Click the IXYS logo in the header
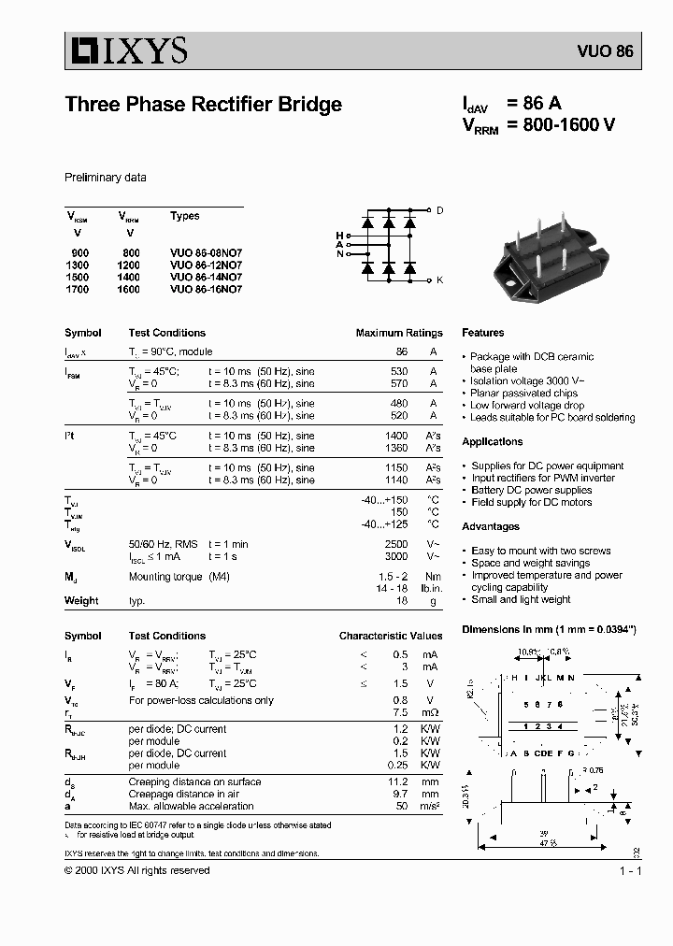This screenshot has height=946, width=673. [126, 50]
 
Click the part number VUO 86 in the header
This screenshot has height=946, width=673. [610, 52]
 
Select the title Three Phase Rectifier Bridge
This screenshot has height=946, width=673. [203, 105]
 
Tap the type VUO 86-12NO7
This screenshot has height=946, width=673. [206, 265]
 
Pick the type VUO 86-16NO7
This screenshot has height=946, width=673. [206, 289]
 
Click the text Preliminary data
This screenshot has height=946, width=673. [105, 178]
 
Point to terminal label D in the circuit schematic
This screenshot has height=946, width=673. [440, 210]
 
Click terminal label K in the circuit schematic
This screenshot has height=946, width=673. [440, 279]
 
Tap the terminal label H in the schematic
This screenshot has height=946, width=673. [339, 235]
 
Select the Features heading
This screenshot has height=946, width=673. [482, 333]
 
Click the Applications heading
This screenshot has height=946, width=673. [492, 441]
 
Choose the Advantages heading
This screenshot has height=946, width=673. [491, 526]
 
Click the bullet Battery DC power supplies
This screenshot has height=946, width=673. [531, 490]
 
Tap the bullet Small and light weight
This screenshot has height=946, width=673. [521, 599]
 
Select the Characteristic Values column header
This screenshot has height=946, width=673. [391, 636]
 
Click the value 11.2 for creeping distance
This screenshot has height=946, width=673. [398, 781]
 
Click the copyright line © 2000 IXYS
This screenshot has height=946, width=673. [136, 870]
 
